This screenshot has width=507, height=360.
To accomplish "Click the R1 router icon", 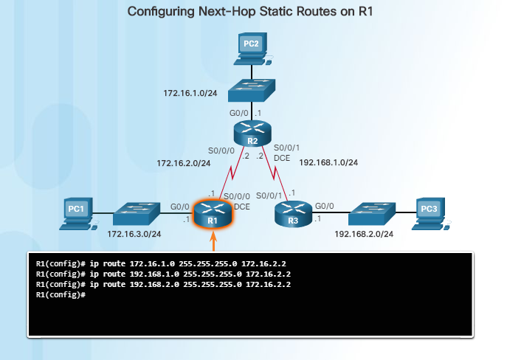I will point(213,215).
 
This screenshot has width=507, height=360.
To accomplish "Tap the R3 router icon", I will point(292,215).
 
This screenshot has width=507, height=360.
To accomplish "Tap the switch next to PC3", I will point(372,213).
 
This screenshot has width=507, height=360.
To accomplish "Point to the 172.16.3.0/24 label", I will point(134,234).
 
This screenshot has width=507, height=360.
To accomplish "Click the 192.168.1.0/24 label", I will point(328,162).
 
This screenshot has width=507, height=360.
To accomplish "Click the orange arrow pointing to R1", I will point(213,241).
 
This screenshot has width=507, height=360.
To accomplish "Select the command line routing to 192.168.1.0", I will point(163,273).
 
